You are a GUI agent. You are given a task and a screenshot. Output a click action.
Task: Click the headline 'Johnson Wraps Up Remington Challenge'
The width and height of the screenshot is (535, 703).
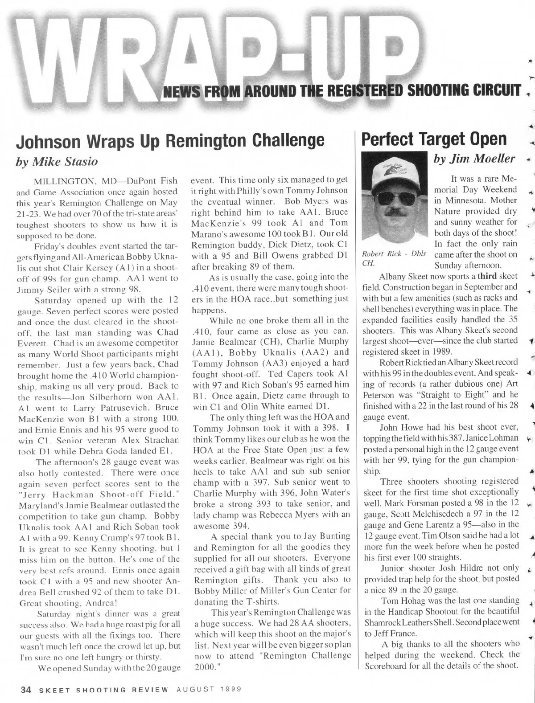click(x=170, y=140)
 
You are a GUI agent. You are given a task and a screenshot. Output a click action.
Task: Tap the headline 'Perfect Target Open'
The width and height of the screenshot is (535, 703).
click(x=434, y=139)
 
